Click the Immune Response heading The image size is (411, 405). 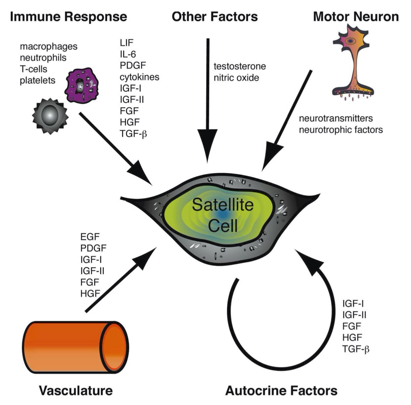(x=68, y=17)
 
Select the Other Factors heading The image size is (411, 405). (x=215, y=17)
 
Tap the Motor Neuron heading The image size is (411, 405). (x=356, y=17)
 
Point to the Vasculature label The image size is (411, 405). (x=76, y=391)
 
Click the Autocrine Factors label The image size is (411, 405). (x=281, y=391)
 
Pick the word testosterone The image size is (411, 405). (x=240, y=66)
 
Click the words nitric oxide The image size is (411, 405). (x=236, y=78)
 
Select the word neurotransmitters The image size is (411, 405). (x=336, y=118)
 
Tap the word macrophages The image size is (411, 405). (x=49, y=46)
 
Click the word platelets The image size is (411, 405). (x=38, y=81)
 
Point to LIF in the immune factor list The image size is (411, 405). (x=127, y=43)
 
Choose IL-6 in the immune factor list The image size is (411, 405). (x=128, y=54)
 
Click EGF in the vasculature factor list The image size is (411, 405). (x=90, y=237)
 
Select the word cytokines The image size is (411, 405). (x=139, y=77)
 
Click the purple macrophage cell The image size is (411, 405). (x=82, y=85)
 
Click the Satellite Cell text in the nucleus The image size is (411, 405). (x=223, y=215)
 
